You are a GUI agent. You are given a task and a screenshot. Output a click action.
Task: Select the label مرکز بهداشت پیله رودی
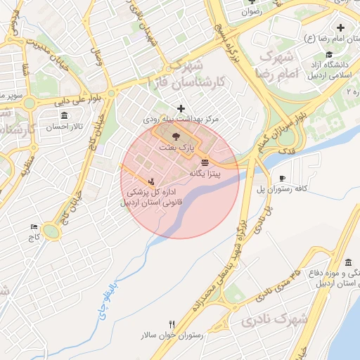coord(181,120)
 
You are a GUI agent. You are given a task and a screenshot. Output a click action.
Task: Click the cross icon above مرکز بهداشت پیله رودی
coord(182,109)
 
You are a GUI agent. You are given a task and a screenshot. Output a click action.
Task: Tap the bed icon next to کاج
coord(34,226)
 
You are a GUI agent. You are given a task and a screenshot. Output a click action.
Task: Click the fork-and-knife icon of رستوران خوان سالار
coord(172,323)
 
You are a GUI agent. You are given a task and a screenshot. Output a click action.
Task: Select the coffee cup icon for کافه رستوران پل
coord(282,179)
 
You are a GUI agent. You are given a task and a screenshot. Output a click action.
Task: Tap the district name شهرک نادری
coord(274,319)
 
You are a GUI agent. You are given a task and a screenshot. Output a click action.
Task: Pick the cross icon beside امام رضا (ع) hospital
coord(341,28)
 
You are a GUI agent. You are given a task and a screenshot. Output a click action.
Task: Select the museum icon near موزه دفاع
coord(349,262)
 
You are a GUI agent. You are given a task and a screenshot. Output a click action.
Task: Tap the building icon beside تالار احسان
coord(64,115)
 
